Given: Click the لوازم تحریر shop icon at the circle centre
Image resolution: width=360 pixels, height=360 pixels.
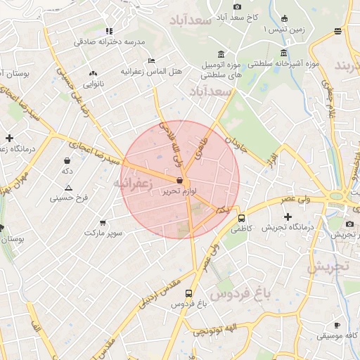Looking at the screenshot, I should pyautogui.click(x=180, y=181).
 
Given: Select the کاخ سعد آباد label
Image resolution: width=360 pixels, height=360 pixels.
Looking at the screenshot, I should pyautogui.click(x=243, y=15).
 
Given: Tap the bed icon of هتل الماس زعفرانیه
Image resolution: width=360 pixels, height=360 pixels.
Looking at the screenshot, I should pyautogui.click(x=151, y=60).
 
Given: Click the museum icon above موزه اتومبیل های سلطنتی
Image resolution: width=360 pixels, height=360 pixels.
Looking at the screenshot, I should pyautogui.click(x=221, y=54).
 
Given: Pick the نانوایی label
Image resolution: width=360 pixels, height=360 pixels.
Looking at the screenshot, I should pyautogui.click(x=93, y=84).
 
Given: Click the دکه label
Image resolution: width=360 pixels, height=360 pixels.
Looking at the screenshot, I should pyautogui.click(x=67, y=171).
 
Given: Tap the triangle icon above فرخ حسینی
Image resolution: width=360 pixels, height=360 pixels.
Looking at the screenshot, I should pyautogui.click(x=68, y=188).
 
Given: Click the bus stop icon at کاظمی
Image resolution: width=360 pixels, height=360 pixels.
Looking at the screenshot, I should pyautogui.click(x=242, y=218).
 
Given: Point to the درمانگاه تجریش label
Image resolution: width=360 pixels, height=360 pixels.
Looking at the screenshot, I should pyautogui.click(x=288, y=227).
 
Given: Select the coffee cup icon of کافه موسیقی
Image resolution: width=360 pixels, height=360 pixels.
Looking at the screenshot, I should pyautogui.click(x=337, y=325).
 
